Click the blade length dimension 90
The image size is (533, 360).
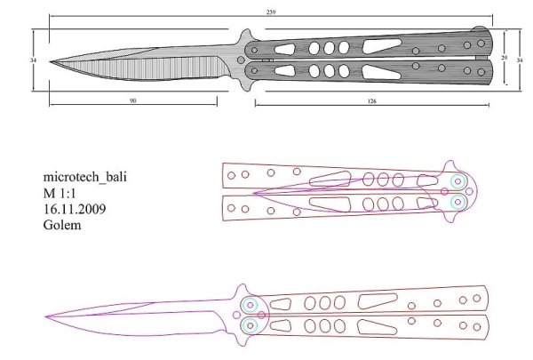pyautogui.click(x=132, y=101)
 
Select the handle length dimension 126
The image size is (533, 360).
pyautogui.click(x=371, y=101)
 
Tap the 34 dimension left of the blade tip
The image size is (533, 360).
pyautogui.click(x=33, y=60)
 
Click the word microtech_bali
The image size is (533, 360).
pyautogui.click(x=84, y=177)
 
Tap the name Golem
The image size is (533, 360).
pyautogui.click(x=62, y=225)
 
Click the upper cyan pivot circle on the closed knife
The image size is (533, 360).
pyautogui.click(x=458, y=181)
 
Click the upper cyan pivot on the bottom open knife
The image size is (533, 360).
pyautogui.click(x=250, y=305)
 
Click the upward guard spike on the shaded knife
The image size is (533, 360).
pyautogui.click(x=245, y=35)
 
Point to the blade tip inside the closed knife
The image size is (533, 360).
pyautogui.click(x=255, y=192)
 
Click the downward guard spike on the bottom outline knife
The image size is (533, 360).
pyautogui.click(x=242, y=343)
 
